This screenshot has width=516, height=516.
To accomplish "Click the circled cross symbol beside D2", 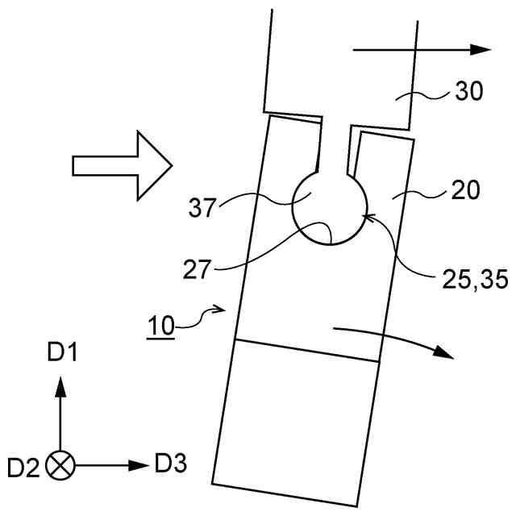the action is [x=59, y=465].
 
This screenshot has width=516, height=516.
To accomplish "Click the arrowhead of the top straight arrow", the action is [x=481, y=50].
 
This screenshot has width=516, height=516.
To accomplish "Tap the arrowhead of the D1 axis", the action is [x=59, y=388].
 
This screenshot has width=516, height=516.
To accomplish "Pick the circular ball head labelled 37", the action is [x=329, y=208].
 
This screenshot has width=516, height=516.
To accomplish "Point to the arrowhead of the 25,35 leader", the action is [x=367, y=215].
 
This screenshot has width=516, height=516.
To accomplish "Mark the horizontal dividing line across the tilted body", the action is [x=306, y=352].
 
